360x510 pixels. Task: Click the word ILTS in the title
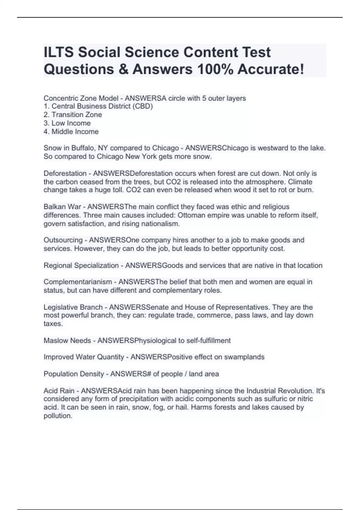tap(58, 52)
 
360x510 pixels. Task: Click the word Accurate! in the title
tap(271, 69)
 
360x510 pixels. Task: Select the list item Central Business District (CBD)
tap(102, 106)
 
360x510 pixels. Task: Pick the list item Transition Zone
tap(76, 115)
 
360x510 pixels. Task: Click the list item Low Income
tap(71, 123)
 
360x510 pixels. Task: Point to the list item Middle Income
tap(75, 131)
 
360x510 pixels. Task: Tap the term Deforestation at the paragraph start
tap(65, 173)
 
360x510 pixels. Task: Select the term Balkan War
tap(62, 207)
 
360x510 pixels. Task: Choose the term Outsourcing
tap(63, 240)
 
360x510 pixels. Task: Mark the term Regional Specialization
tap(81, 265)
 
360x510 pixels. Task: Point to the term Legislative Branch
tap(73, 307)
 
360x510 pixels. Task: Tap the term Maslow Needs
tap(67, 340)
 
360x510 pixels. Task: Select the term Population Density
tap(73, 374)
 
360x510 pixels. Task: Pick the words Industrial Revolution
tap(280, 391)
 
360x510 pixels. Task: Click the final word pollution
tap(58, 416)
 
